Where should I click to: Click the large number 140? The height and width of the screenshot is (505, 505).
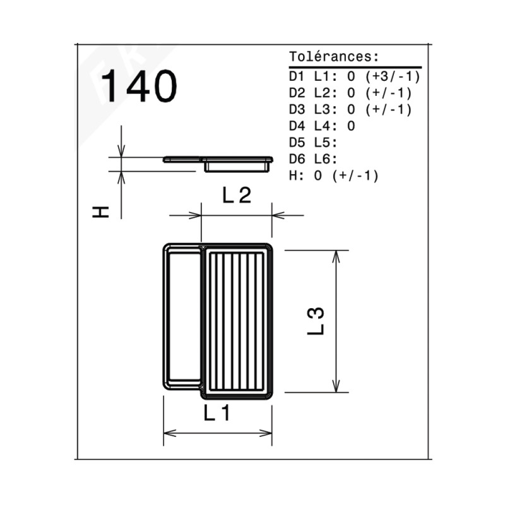[x=139, y=86]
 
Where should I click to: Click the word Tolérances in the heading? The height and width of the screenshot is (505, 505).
[x=330, y=57]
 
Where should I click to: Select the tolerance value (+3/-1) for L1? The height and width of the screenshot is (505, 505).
[x=393, y=76]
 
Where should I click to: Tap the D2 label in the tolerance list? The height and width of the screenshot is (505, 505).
[x=297, y=93]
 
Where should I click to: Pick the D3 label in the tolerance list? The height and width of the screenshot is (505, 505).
[x=297, y=109]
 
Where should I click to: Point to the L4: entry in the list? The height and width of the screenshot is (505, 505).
[x=326, y=126]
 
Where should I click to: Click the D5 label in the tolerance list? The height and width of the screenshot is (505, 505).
[x=297, y=143]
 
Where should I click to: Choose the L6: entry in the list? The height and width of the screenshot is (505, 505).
[x=326, y=159]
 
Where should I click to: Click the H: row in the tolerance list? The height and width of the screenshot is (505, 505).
[x=334, y=175]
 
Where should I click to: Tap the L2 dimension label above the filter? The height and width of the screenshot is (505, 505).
[x=237, y=196]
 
